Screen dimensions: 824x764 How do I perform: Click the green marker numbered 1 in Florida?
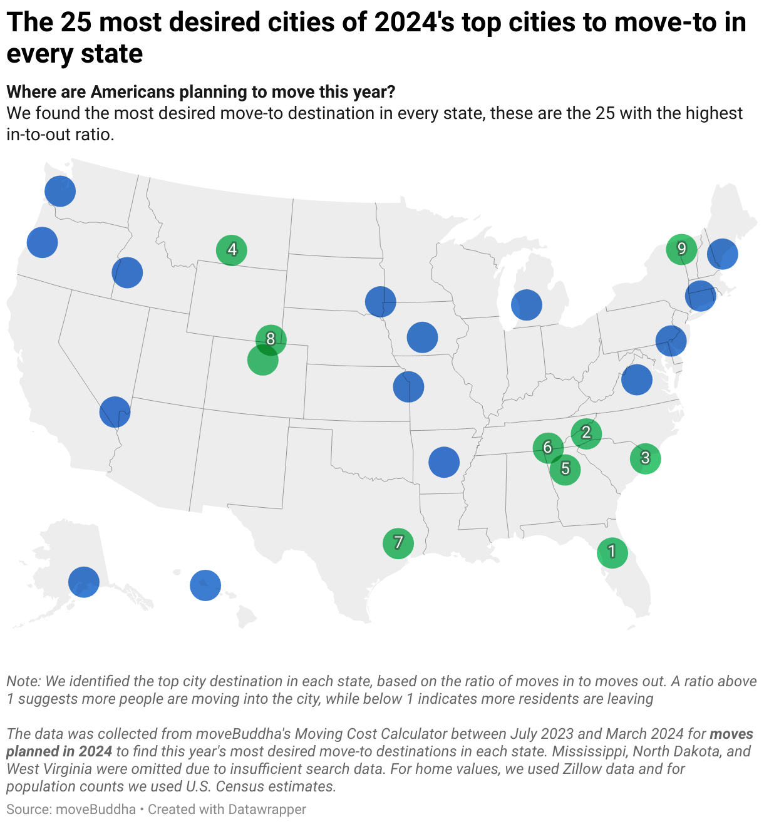pos(612,552)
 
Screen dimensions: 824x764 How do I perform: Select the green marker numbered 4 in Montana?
pos(232,250)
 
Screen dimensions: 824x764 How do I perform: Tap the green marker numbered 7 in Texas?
pos(398,542)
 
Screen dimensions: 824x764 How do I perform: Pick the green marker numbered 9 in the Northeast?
pos(681,249)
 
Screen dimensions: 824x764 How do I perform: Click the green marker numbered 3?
pos(645,458)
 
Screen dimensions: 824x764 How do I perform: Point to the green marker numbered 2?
pos(586,433)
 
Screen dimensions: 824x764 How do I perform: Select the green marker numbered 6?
pos(548,447)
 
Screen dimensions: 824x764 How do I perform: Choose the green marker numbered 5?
pos(565,468)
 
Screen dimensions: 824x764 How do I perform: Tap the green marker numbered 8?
pos(271,339)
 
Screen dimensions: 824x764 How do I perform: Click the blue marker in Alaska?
pos(84,582)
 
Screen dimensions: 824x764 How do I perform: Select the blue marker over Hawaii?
pos(205,585)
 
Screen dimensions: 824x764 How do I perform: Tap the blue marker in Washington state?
pos(60,191)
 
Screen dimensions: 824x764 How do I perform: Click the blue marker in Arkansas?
pos(444,462)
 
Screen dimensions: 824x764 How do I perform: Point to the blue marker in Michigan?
pos(526,305)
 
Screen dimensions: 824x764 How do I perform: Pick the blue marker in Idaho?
pos(127,272)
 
